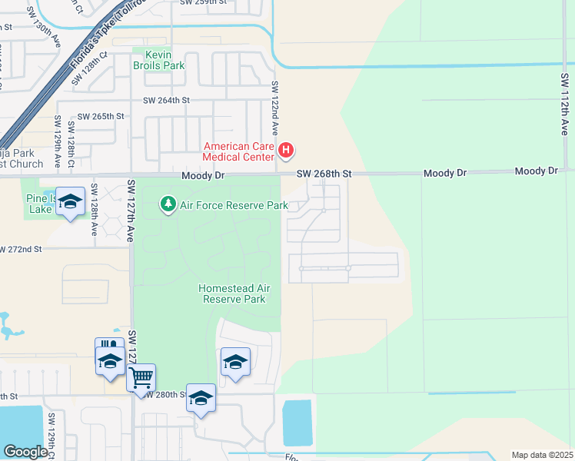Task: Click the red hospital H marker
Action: point(286,149)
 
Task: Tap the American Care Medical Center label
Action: point(238,151)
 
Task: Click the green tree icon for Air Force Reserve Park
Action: point(168,204)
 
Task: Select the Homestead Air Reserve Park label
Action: point(234,294)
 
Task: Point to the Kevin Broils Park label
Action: point(158,60)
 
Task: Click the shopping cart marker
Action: point(141,377)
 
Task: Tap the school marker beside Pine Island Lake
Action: point(70,202)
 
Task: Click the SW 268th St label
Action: point(325,174)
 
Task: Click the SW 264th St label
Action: point(165,101)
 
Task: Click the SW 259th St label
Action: point(204,3)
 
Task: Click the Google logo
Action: point(25,452)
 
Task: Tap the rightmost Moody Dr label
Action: point(536,171)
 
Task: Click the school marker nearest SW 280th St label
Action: point(201,398)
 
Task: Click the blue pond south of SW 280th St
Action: point(297,422)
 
